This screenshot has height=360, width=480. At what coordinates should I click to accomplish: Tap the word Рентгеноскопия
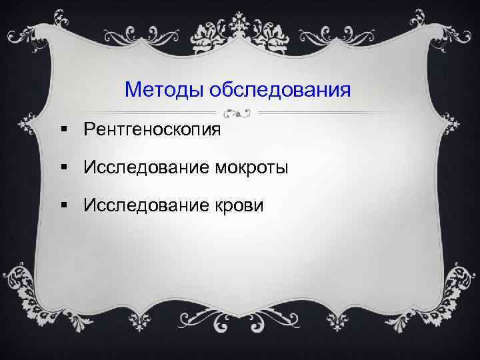click(x=152, y=129)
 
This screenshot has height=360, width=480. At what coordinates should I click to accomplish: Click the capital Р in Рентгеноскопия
click(x=89, y=129)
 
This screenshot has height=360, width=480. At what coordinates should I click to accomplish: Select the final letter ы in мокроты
click(x=282, y=169)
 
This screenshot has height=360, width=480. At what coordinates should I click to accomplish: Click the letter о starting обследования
click(x=213, y=89)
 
